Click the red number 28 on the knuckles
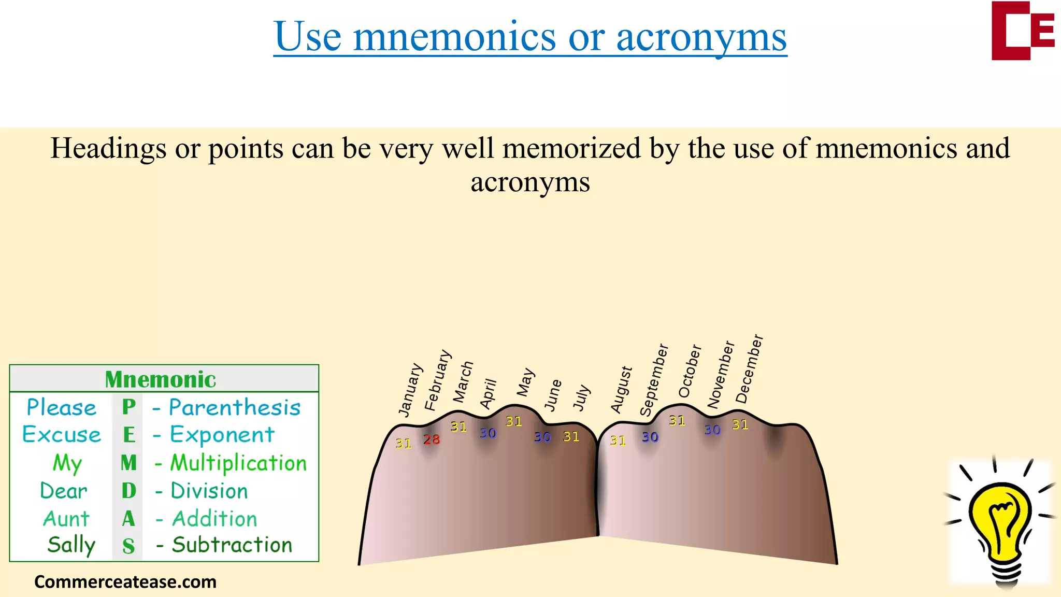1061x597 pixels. pyautogui.click(x=431, y=439)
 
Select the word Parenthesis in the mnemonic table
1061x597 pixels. pyautogui.click(x=235, y=407)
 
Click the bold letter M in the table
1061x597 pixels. pyautogui.click(x=128, y=463)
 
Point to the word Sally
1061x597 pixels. pyautogui.click(x=71, y=545)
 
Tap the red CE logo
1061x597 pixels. pyautogui.click(x=1022, y=31)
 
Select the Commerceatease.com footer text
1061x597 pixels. pyautogui.click(x=125, y=582)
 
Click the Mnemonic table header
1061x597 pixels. pyautogui.click(x=161, y=379)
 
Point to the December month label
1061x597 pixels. pyautogui.click(x=749, y=368)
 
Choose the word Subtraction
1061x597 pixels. pyautogui.click(x=232, y=545)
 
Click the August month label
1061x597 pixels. pyautogui.click(x=621, y=390)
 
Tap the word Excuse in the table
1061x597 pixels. pyautogui.click(x=62, y=434)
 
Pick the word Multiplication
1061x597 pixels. pyautogui.click(x=238, y=463)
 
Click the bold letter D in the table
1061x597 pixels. pyautogui.click(x=128, y=491)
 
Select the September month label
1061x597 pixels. pyautogui.click(x=654, y=380)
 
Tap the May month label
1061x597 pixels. pyautogui.click(x=525, y=382)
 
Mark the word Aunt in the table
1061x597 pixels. pyautogui.click(x=66, y=519)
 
